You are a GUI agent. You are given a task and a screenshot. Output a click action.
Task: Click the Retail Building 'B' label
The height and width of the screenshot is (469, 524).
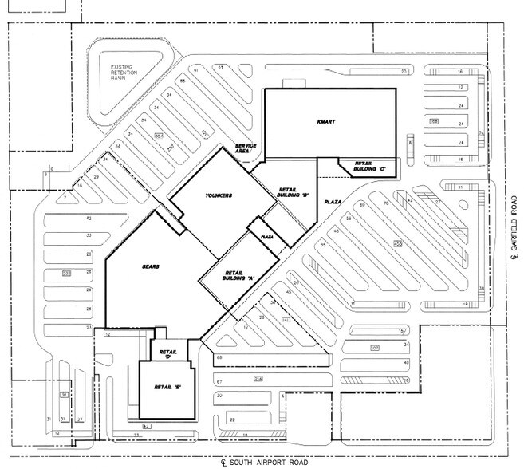tap(288, 191)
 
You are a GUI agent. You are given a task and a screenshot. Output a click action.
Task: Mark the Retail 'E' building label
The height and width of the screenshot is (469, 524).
tap(165, 388)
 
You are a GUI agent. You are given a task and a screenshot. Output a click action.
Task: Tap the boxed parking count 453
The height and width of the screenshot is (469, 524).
tap(396, 242)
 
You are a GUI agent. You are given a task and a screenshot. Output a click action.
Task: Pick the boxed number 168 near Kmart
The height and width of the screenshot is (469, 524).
tap(434, 121)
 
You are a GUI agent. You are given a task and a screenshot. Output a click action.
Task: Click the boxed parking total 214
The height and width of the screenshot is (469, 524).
tap(258, 377)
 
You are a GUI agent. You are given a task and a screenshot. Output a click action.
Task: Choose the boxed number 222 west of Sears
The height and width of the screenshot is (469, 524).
tap(66, 274)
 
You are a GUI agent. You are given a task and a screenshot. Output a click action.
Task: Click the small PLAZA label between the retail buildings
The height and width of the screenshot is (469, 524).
tap(267, 237)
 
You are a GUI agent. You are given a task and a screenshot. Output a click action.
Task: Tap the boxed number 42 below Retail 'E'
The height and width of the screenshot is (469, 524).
tap(146, 427)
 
